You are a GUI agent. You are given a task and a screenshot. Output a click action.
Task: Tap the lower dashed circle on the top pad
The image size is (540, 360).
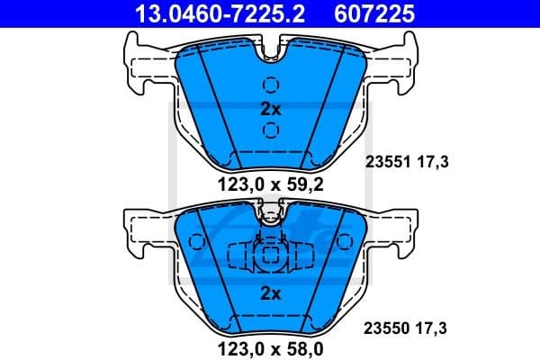(270, 130)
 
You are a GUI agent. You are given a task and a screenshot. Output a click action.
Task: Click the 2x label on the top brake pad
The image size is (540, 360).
(270, 108)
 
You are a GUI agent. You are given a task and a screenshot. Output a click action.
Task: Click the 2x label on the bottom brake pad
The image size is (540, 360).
(270, 292)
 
